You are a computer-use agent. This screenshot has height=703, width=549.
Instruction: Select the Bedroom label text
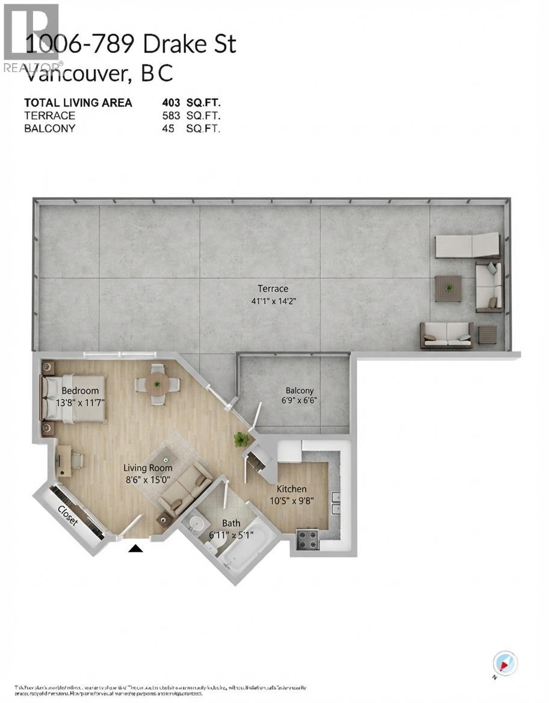(x=79, y=391)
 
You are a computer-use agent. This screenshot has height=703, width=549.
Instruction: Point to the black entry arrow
(x=137, y=548)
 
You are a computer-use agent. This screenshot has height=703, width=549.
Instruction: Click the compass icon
(x=503, y=663)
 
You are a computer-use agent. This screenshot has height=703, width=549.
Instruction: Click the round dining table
(x=157, y=383)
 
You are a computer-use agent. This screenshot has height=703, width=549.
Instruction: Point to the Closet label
(x=68, y=515)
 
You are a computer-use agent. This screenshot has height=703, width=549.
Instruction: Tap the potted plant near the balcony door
(x=241, y=439)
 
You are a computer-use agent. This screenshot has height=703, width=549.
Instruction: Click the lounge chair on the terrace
(x=468, y=245)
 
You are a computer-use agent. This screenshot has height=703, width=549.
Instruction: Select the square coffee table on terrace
(x=448, y=288)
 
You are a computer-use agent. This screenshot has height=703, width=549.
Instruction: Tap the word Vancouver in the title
(x=77, y=73)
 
